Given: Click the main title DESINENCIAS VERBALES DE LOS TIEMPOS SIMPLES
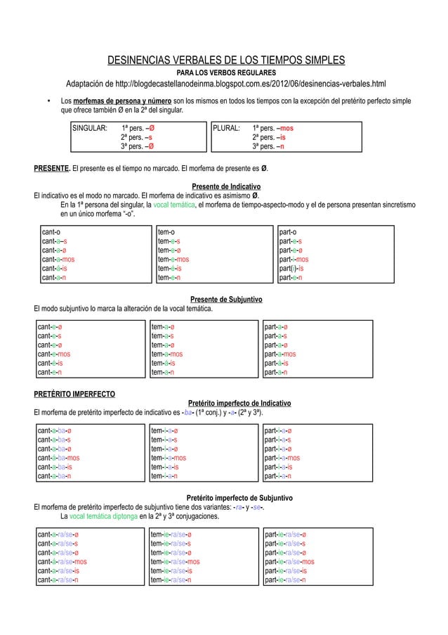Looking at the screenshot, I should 225,60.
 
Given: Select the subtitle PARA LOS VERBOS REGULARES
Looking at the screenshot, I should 225,73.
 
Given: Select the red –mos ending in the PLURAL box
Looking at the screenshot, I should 286,129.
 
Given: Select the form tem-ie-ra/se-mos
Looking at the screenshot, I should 175,562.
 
